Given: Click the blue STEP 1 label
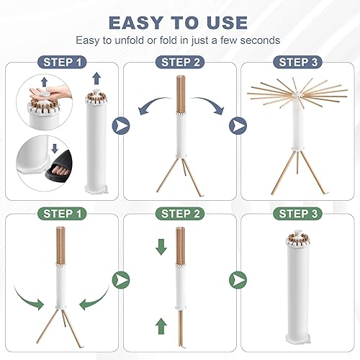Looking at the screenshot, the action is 62,63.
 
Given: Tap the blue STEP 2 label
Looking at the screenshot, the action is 180,63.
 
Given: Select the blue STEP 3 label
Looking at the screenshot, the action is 297,63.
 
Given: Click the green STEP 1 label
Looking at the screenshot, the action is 62,214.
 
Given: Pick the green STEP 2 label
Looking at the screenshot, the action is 180,214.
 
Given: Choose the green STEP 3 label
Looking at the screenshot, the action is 297,214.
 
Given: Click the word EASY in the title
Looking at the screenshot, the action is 136,23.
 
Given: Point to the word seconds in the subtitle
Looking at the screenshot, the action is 260,40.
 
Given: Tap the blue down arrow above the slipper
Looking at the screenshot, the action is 55,148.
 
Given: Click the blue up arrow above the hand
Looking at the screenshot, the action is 45,82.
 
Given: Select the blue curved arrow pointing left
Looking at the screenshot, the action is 153,104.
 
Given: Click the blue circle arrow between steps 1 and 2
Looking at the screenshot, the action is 121,125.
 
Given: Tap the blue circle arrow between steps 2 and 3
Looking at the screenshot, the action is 238,125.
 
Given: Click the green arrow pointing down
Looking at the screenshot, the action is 161,247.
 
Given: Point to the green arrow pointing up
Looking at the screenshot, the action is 161,326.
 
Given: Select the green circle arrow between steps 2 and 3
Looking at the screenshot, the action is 238,280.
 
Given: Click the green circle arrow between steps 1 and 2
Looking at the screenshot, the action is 121,280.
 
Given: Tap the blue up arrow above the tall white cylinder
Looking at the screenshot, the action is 96,78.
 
